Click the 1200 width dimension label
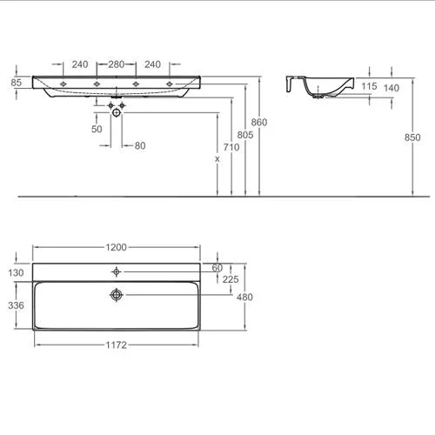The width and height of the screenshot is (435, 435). [116, 247]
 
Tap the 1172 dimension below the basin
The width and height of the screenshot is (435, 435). [116, 345]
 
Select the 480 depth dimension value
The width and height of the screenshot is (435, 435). [244, 297]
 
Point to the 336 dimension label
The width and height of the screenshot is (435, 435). [16, 305]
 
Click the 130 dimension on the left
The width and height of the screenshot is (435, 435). [16, 272]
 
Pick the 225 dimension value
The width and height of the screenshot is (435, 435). [231, 279]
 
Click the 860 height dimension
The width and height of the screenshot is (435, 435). [259, 123]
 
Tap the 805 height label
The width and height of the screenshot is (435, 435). [245, 135]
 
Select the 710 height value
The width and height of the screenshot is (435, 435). [231, 147]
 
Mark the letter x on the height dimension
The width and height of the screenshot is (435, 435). [217, 159]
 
